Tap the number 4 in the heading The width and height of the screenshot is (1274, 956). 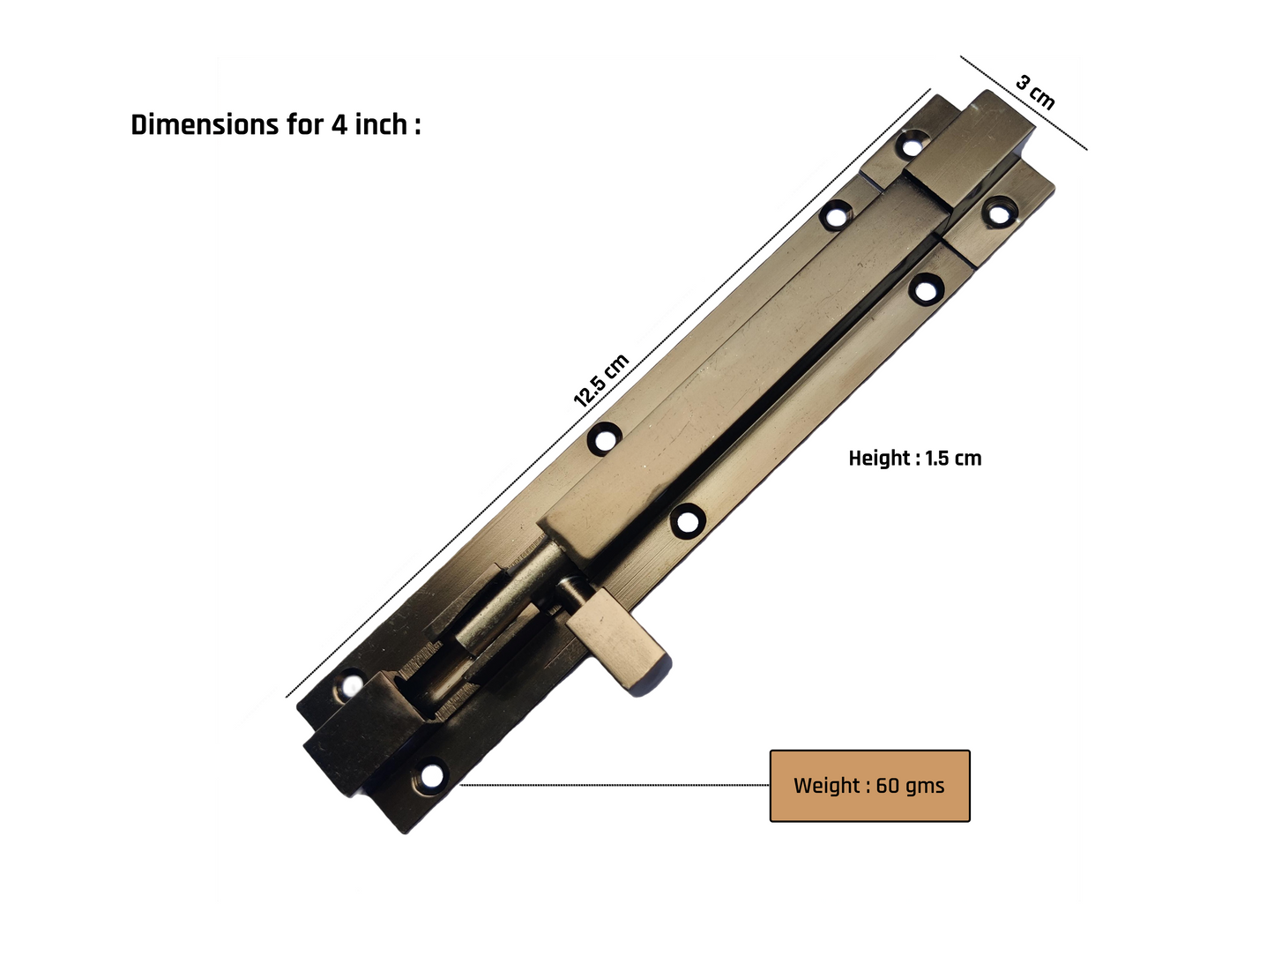(x=339, y=125)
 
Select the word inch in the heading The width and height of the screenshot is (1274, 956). (x=381, y=124)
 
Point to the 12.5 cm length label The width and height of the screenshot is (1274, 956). (x=600, y=380)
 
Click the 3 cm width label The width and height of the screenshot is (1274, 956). (x=1035, y=93)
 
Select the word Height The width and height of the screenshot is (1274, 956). (x=880, y=459)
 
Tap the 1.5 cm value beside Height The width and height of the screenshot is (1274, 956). (x=954, y=459)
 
